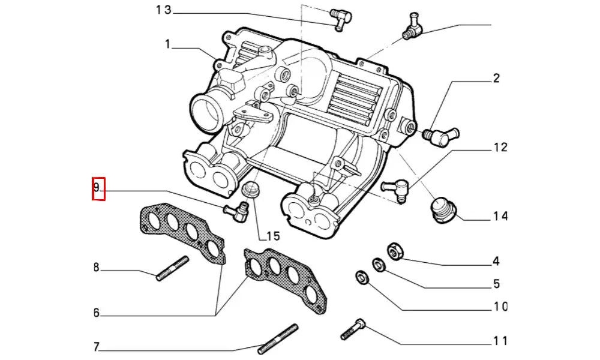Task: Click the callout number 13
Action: click(163, 10)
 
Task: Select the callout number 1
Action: click(169, 44)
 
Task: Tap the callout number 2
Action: click(496, 77)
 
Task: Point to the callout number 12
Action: click(500, 147)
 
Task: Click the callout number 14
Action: click(500, 216)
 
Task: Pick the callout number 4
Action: click(496, 261)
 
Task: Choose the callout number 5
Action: click(496, 284)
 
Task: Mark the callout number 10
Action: click(500, 307)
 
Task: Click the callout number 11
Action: click(500, 341)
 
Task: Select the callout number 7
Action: click(96, 347)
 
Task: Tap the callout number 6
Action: click(96, 313)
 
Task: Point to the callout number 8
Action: click(96, 267)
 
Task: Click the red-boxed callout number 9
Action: click(97, 188)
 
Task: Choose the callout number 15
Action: click(272, 236)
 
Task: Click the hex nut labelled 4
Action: click(395, 250)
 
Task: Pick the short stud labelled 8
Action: click(173, 268)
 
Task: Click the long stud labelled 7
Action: click(278, 339)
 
